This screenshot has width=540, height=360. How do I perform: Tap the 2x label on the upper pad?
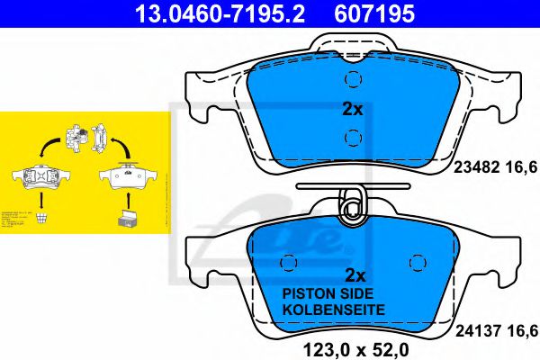coord(353,110)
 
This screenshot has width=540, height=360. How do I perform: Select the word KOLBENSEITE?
coord(334,310)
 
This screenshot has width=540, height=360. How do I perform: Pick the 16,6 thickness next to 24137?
coord(525,329)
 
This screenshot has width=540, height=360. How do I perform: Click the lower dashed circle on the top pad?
coord(353,138)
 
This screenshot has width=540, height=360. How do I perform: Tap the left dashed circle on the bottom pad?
coord(290,262)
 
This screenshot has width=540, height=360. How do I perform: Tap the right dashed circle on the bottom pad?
coord(417,262)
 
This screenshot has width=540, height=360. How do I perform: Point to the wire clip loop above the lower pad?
coord(351,205)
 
